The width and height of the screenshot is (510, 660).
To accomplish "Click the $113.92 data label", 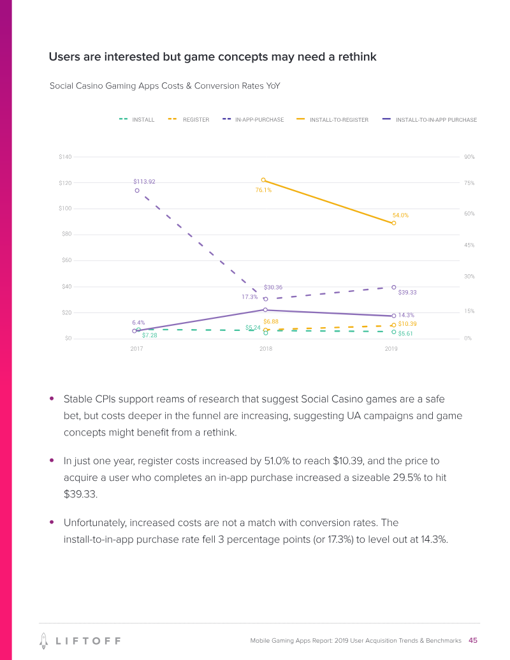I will (x=144, y=182).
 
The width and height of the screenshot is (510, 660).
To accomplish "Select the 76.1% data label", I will (x=263, y=189).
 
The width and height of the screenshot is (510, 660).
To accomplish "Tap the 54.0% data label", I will (x=400, y=216).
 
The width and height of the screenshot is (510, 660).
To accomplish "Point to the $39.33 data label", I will (x=407, y=293).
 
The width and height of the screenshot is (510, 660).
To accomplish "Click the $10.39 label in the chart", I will (x=407, y=325).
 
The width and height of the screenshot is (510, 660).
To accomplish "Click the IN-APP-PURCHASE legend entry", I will (x=253, y=120).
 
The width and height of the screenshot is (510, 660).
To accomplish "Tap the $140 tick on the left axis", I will (x=65, y=157).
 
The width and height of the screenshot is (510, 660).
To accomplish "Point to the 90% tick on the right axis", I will (x=469, y=157).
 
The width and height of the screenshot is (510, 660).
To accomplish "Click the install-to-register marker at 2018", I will (x=263, y=180).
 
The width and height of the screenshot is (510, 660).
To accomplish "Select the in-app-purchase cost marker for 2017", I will (x=137, y=190).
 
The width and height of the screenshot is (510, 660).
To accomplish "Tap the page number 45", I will (x=473, y=640).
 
